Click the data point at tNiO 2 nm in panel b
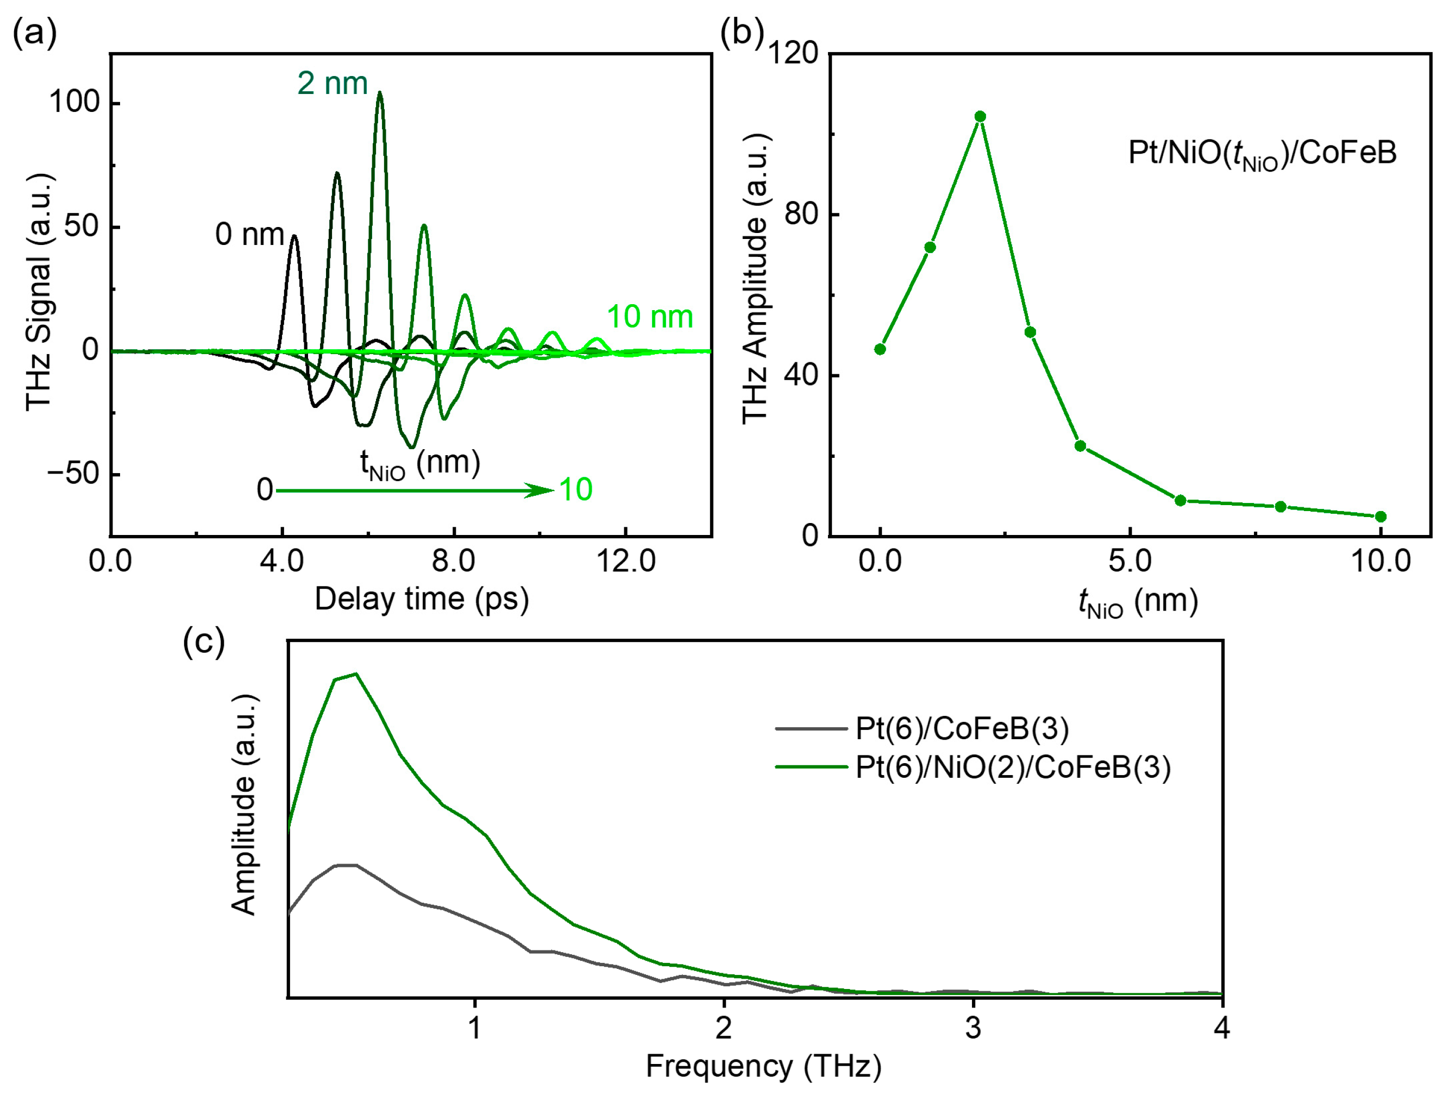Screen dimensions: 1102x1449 pos(980,117)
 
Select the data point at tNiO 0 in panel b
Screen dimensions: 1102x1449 pos(880,349)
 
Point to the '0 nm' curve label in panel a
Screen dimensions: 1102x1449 pos(249,234)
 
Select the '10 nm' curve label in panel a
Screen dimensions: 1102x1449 pos(649,317)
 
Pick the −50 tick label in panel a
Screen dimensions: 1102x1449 pos(73,474)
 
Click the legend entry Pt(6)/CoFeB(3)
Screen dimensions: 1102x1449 pos(962,729)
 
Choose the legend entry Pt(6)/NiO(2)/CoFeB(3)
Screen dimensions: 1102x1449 pos(1013,767)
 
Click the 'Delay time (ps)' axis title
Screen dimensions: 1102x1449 pos(421,599)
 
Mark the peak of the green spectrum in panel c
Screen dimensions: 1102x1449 pos(355,673)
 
